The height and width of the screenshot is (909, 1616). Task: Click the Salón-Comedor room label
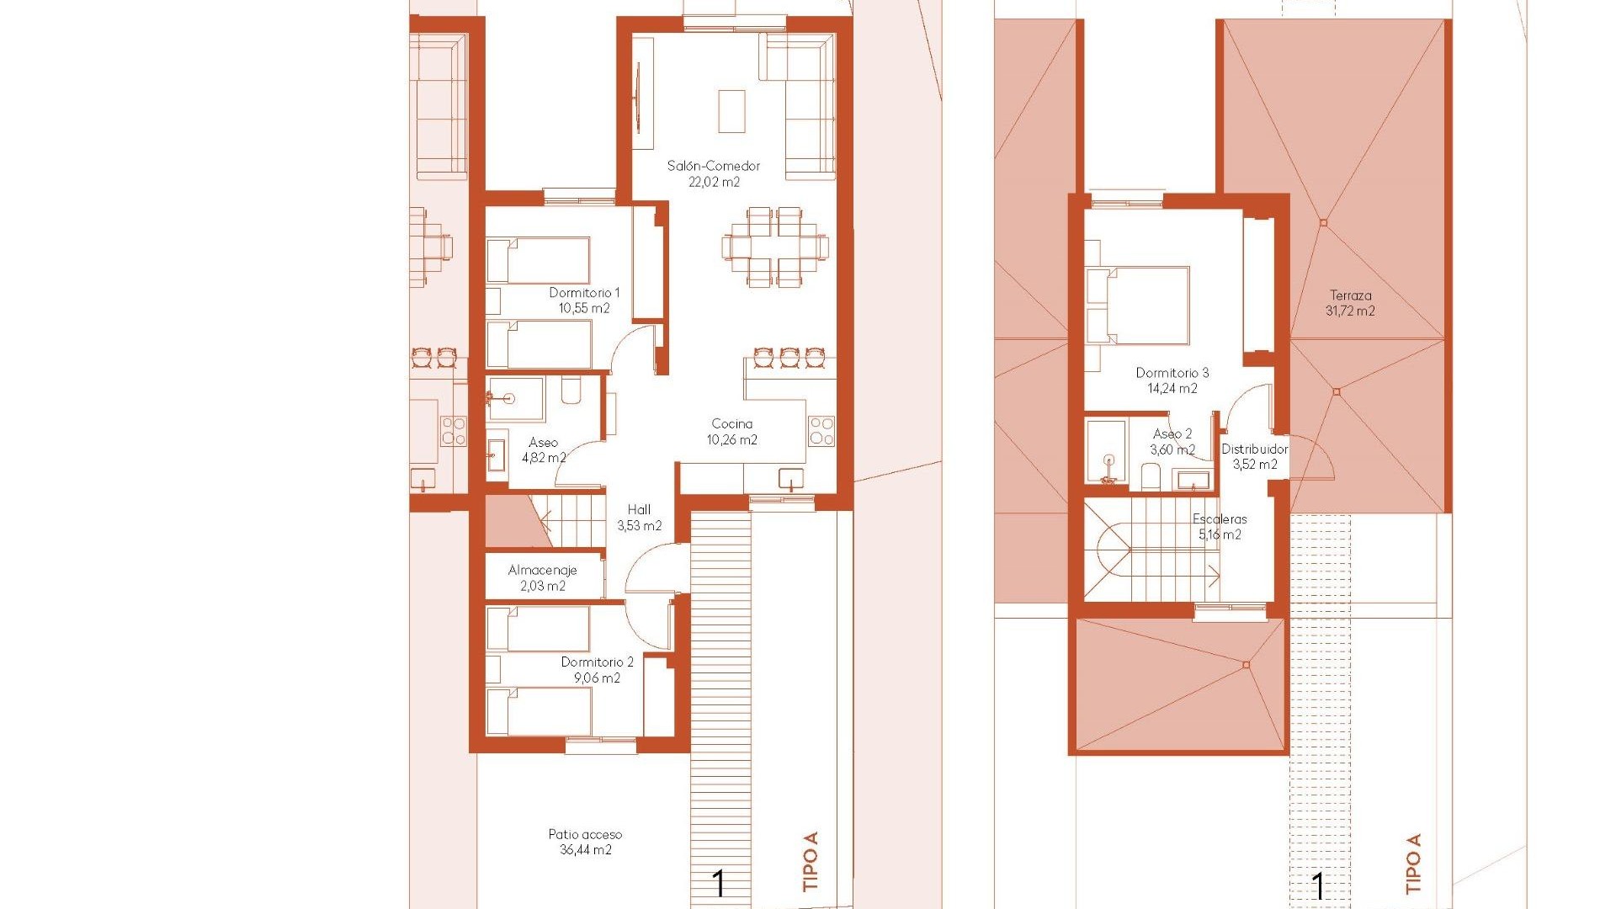[x=713, y=166]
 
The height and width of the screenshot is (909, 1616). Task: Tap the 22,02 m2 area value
[x=714, y=182]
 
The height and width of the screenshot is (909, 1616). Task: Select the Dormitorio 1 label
[x=584, y=293]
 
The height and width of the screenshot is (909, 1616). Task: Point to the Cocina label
[x=731, y=424]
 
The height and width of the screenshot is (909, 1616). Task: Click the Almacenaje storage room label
[x=542, y=571]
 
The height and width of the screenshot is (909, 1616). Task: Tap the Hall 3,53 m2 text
[x=639, y=518]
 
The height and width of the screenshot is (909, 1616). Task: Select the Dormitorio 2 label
[x=597, y=662]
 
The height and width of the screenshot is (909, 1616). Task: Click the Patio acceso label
[x=585, y=835]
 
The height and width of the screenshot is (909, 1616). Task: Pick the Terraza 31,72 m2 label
[x=1350, y=303]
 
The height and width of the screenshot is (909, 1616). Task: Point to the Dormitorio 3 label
[x=1172, y=373]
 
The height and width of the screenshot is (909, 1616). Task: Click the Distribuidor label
[x=1254, y=449]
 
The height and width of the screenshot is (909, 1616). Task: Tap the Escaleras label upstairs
[x=1220, y=519]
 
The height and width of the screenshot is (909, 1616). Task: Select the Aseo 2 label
[x=1172, y=434]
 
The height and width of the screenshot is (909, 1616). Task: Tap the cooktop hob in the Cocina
[x=821, y=431]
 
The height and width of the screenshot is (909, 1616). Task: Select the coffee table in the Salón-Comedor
[x=731, y=111]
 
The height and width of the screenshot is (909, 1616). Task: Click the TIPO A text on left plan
[x=811, y=861]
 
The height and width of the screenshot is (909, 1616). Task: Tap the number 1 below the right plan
[x=1318, y=885]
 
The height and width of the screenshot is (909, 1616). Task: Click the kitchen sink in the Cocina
[x=791, y=479]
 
